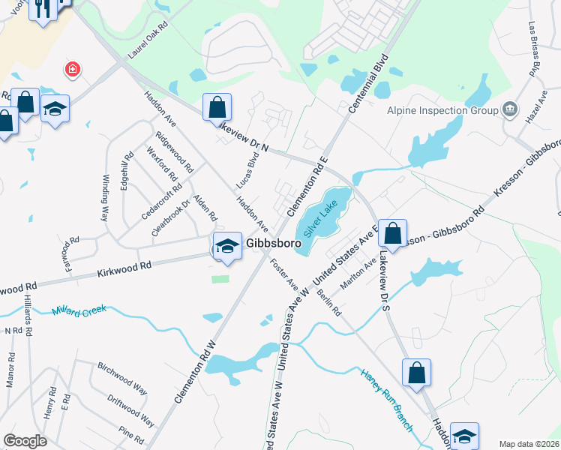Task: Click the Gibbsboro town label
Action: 274,244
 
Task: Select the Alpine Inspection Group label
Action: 442,110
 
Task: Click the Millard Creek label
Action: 80,310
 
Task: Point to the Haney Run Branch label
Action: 386,400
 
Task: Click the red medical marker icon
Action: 73,70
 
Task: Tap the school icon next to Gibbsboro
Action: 226,245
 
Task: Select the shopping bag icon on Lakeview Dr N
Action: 217,106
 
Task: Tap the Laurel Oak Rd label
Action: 148,45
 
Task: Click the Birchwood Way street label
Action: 122,378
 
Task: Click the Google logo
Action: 25,440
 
